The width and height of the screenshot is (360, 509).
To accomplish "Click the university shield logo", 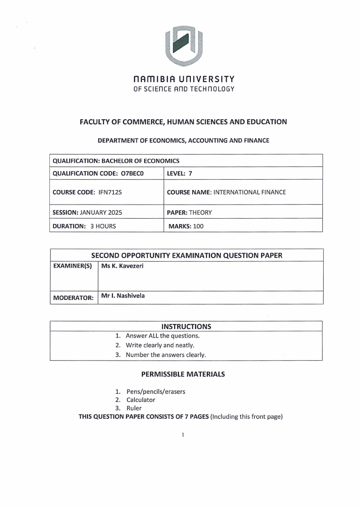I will point(184,45).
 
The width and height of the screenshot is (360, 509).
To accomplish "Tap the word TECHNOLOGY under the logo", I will point(213,88).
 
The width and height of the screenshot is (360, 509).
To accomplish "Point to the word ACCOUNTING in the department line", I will point(201,141).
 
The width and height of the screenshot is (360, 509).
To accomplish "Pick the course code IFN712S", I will point(110,192).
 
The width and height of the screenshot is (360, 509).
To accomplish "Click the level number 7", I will point(190,173).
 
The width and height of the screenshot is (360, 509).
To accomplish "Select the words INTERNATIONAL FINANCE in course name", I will point(249,192).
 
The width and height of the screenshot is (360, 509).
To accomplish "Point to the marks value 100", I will point(198,226).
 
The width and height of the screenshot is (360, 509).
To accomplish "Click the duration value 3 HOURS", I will point(103,226).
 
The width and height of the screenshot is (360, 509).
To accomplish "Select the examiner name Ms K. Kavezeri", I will point(122,265).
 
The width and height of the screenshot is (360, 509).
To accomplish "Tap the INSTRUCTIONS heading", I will point(186,326).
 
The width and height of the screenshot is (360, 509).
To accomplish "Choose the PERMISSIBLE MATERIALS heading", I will point(183,374).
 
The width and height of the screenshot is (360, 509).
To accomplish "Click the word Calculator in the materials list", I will point(141,400).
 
